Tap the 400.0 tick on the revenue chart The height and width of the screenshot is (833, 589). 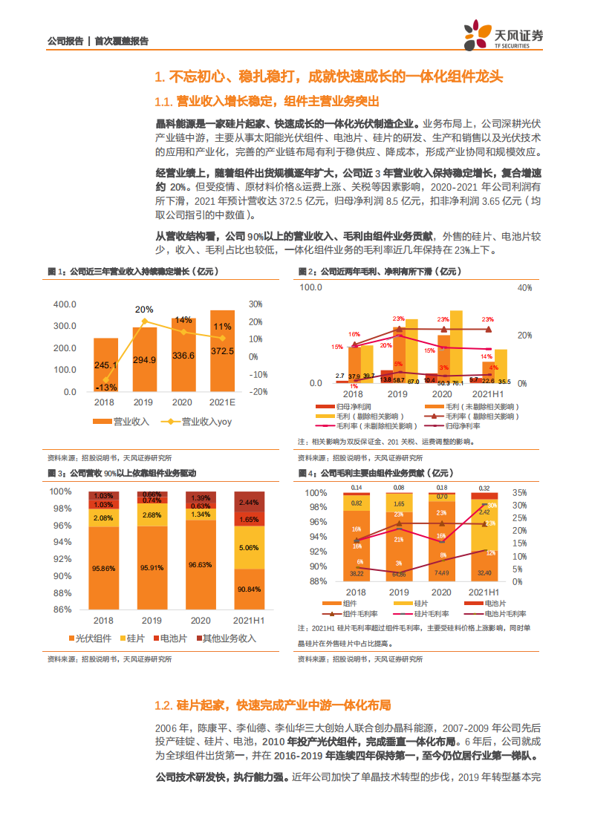coord(65,304)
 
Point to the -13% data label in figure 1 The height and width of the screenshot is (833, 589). coord(105,387)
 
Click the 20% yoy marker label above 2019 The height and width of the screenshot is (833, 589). coord(144,309)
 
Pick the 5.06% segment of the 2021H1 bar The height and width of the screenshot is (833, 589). coord(249,548)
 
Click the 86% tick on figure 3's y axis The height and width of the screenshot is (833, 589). coord(62,609)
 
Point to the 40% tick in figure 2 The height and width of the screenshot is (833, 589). coord(524,287)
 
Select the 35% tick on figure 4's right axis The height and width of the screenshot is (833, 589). coord(520,492)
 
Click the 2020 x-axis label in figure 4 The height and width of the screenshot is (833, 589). coord(442,591)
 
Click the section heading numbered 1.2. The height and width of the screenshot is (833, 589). coord(272,705)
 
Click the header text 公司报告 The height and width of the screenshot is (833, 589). coord(65,42)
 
